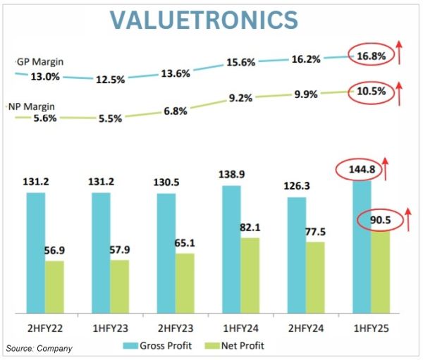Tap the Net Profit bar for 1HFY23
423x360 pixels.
click(x=120, y=286)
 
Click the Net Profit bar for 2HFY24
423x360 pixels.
click(x=316, y=278)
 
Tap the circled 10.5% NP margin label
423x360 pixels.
click(x=371, y=91)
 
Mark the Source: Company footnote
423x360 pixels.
click(x=39, y=348)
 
